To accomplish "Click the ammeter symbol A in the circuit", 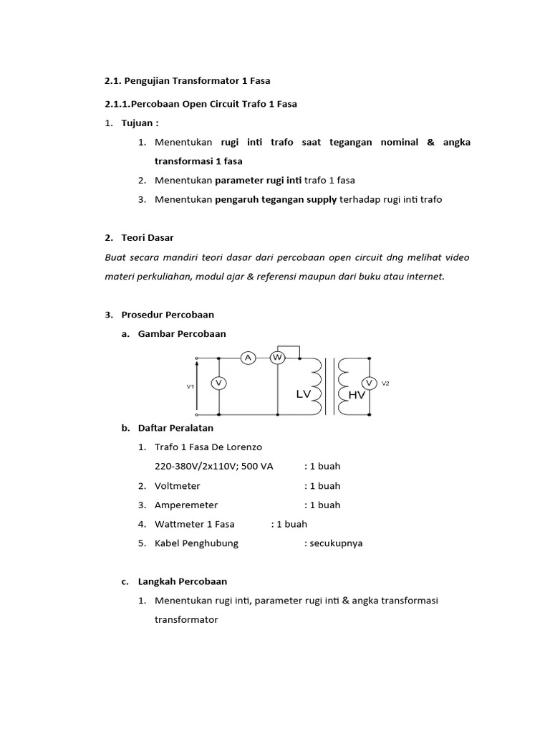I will (x=248, y=358).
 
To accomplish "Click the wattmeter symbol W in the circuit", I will (x=277, y=358).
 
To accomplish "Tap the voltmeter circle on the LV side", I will (x=218, y=384).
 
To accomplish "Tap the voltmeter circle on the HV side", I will (x=370, y=383).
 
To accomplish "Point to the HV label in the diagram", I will (x=356, y=395).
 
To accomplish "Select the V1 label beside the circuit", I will (x=190, y=386).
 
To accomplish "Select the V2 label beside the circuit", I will (x=385, y=383).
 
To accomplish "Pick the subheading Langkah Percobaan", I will (x=183, y=581).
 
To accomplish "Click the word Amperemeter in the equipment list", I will (x=186, y=505).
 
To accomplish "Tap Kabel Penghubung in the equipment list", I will (x=196, y=543).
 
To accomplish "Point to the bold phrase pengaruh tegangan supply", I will (x=276, y=199).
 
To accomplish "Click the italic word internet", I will (x=423, y=276).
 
